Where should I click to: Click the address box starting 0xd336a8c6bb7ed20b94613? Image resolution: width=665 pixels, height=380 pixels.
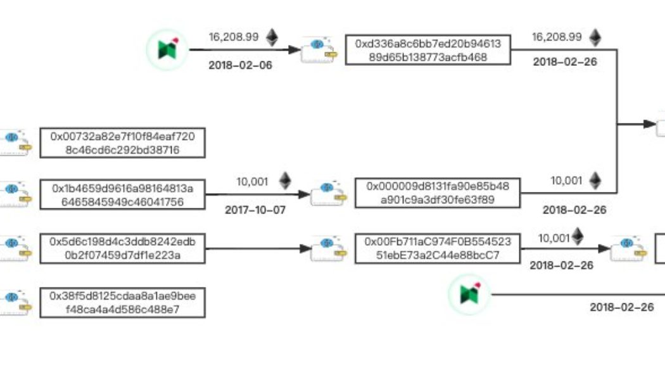(428, 50)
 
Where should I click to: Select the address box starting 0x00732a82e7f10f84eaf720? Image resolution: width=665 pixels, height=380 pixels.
(123, 143)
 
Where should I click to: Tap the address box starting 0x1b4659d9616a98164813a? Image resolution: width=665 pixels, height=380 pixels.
(123, 194)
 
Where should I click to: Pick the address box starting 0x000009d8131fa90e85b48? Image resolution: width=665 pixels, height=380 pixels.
(438, 193)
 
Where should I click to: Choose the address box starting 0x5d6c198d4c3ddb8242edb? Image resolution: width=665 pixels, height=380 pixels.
(123, 248)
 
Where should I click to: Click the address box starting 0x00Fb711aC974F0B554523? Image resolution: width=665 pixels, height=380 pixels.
(438, 248)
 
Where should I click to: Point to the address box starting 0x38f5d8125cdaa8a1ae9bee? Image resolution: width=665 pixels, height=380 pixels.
(123, 303)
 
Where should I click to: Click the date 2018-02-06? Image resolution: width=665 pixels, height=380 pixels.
(241, 65)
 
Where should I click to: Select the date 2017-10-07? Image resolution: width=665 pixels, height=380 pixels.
(255, 210)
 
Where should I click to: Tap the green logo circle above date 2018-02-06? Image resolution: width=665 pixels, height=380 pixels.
(167, 49)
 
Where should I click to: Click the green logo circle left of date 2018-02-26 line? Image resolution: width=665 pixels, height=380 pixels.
(469, 294)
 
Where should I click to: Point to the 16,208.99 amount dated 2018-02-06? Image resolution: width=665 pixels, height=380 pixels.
(233, 37)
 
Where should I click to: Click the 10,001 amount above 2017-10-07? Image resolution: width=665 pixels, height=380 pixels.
(253, 182)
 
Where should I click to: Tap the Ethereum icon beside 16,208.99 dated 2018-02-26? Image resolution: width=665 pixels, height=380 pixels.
(595, 37)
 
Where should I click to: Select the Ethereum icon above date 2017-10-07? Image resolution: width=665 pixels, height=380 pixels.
(286, 181)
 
